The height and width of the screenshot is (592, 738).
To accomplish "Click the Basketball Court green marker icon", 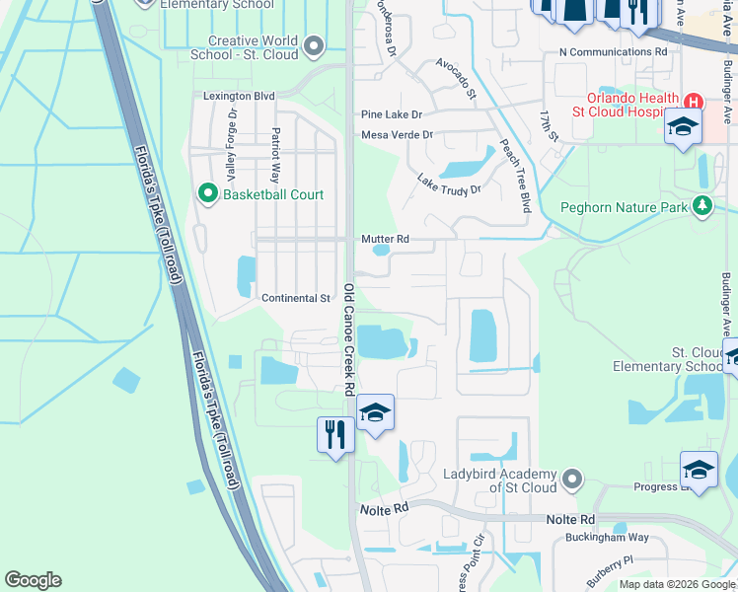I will [x=208, y=193].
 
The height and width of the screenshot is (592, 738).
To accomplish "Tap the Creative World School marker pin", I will [x=315, y=45].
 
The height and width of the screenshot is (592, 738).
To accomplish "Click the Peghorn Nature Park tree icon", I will [x=701, y=206].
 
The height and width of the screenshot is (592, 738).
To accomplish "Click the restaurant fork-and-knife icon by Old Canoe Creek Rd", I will [x=335, y=434].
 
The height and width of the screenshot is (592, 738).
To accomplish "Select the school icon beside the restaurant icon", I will [x=375, y=412].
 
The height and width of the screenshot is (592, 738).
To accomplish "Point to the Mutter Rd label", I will [x=385, y=239].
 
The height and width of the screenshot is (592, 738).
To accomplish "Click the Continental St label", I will [x=296, y=298].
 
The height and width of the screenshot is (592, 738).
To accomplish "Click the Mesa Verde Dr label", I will [x=397, y=134].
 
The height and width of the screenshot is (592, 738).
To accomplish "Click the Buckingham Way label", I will [x=607, y=538].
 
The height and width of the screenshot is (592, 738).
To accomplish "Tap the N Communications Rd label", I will [x=612, y=50].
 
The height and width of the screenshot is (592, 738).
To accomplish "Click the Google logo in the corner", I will [x=33, y=579].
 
